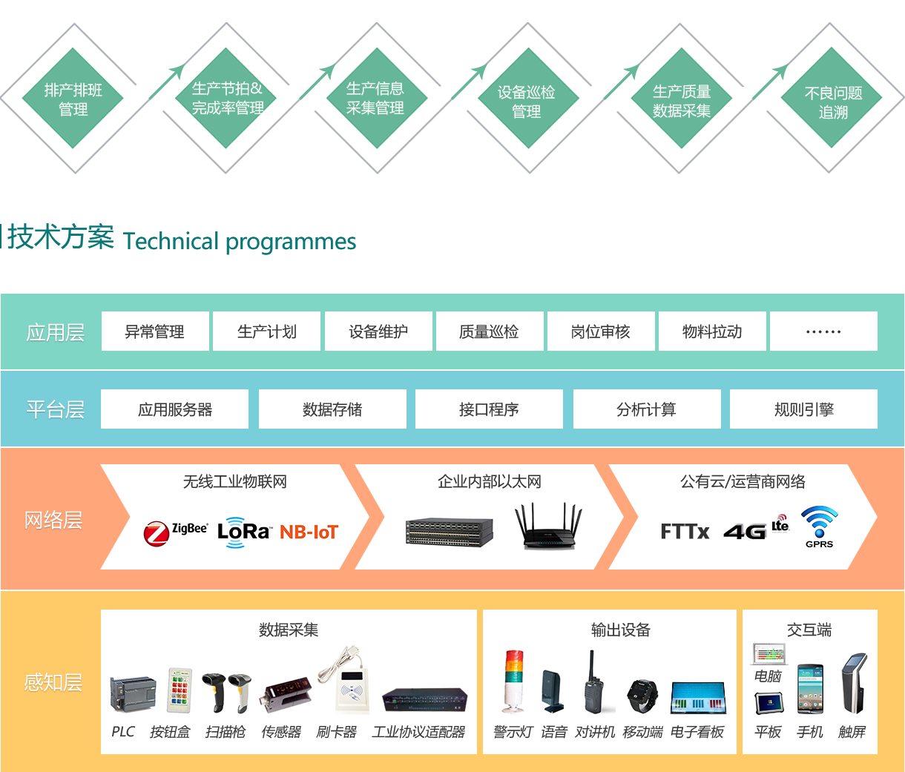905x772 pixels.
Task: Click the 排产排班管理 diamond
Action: (73, 99)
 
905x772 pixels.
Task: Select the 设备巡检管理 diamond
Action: (527, 101)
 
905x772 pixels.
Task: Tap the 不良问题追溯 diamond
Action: (833, 102)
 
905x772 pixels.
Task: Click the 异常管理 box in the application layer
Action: (155, 331)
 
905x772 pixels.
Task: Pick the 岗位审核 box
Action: (601, 331)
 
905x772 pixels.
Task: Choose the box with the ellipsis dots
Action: (823, 331)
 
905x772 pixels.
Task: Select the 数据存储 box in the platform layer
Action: (332, 409)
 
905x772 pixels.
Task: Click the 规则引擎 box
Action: (803, 409)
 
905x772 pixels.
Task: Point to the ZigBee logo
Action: (175, 532)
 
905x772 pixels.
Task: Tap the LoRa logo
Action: (243, 532)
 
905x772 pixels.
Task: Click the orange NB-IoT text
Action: (309, 532)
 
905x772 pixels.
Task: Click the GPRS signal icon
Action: (819, 526)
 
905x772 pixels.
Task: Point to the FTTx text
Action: (685, 532)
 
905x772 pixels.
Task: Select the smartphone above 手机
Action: (810, 689)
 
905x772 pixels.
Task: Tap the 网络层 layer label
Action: (53, 520)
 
